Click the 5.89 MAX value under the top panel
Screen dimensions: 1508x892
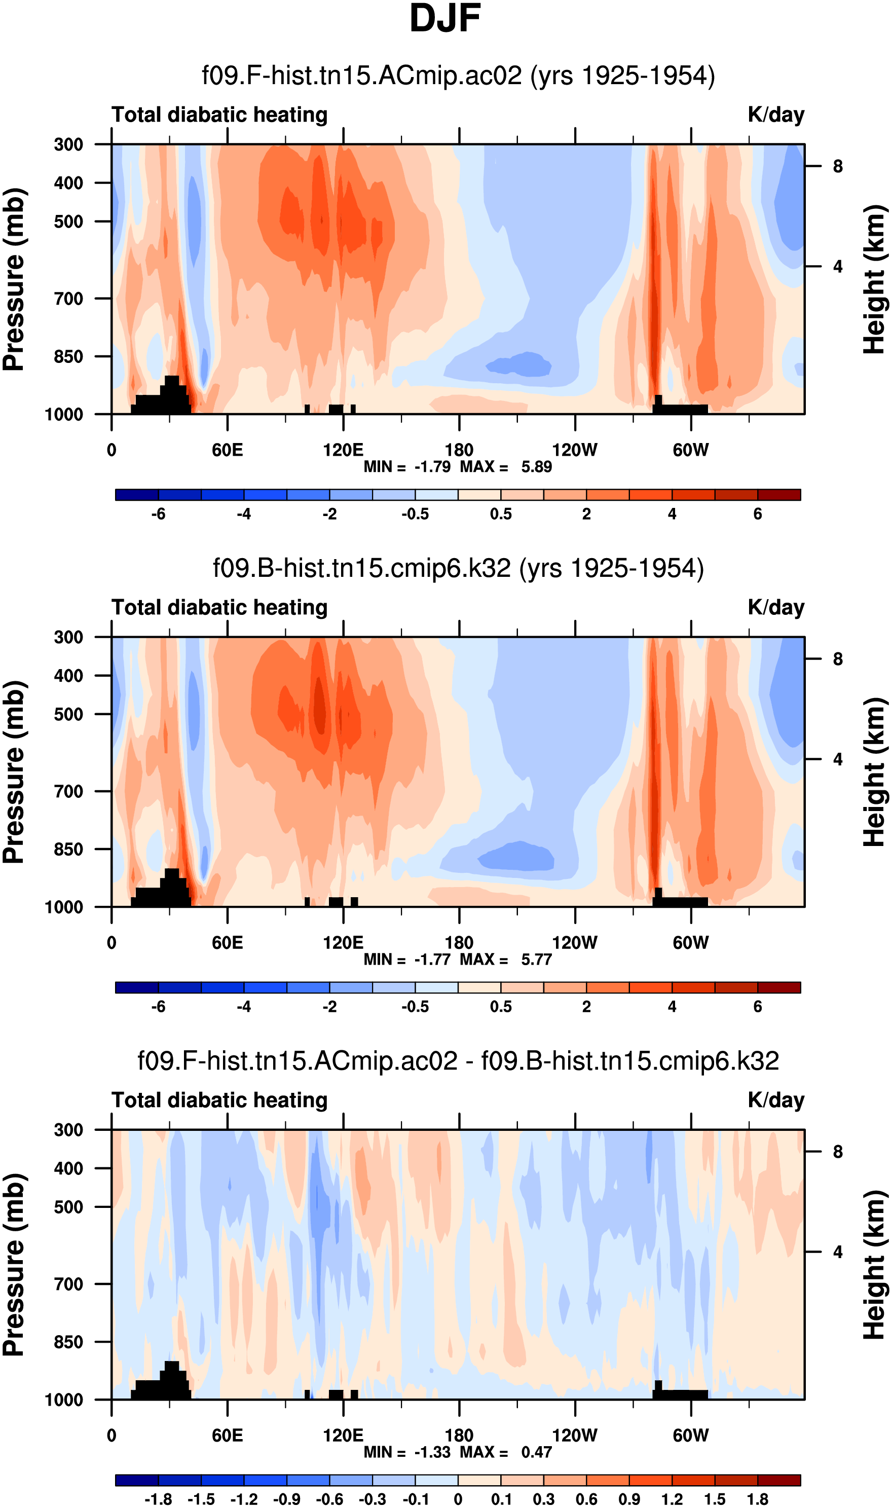536,467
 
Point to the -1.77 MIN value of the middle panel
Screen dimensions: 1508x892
432,960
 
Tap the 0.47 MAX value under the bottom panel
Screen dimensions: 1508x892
536,1453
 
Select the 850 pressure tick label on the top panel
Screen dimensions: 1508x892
68,356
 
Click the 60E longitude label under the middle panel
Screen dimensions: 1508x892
227,943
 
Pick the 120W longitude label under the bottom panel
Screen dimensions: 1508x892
575,1436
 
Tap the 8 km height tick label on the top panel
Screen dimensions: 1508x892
838,166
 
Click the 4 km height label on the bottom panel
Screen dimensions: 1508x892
838,1252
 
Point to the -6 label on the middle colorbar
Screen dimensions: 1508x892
158,1007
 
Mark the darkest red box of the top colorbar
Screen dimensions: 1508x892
779,495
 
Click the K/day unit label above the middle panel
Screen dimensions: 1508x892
776,608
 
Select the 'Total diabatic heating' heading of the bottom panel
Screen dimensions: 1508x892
219,1100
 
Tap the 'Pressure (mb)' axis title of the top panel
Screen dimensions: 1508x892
14,279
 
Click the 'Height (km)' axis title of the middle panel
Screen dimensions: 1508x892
875,773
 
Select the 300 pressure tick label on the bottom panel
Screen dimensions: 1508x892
68,1130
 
